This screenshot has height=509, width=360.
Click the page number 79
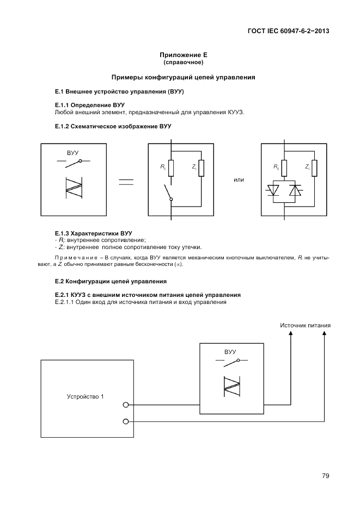click(325, 476)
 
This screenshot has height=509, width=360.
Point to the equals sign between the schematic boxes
click(126, 182)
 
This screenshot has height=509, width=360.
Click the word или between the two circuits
click(239, 180)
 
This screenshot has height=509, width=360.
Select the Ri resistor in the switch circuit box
click(171, 168)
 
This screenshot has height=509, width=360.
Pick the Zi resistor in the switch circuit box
click(202, 168)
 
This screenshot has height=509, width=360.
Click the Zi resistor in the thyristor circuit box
click(314, 168)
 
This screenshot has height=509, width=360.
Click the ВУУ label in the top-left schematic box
click(73, 153)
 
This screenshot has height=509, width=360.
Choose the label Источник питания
click(306, 326)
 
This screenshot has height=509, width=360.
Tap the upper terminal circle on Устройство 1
click(126, 405)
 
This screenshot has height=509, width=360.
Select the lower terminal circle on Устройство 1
click(126, 421)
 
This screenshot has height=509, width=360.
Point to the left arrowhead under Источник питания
click(291, 337)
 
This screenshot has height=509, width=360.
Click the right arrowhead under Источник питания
click(325, 337)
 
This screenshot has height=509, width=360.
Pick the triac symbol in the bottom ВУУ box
click(232, 384)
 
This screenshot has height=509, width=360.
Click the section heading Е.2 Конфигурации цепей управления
click(111, 281)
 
